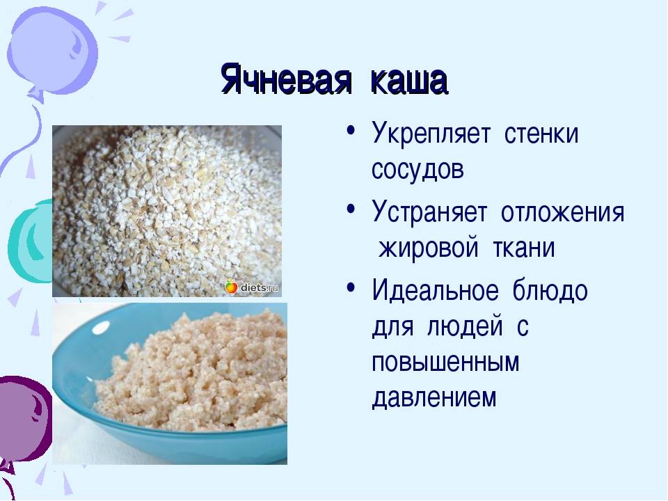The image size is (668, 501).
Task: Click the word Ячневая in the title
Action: (287, 80)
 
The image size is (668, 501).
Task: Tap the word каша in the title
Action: (409, 81)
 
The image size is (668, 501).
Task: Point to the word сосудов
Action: (417, 169)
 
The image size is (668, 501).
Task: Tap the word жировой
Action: (429, 248)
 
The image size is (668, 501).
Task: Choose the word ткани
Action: (523, 248)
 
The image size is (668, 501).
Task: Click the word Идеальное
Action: (435, 291)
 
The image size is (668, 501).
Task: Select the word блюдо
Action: (550, 291)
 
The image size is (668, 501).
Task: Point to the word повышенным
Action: (445, 363)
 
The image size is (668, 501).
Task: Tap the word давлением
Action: (434, 397)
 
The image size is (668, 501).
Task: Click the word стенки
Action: (541, 134)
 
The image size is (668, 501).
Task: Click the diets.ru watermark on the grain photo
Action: (253, 287)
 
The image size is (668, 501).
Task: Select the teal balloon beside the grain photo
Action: (30, 241)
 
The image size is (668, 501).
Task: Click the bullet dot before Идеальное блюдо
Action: (351, 287)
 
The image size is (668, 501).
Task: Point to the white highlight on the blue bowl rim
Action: (100, 328)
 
